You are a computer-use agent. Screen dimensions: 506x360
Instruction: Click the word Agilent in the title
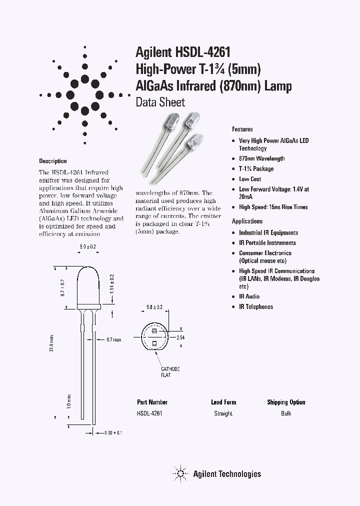(153, 52)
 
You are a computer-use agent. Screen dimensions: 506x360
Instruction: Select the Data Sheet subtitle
(160, 102)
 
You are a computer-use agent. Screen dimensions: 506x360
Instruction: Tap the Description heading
(52, 161)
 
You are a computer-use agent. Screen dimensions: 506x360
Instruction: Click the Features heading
(242, 129)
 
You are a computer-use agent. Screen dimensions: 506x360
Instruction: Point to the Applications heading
(247, 221)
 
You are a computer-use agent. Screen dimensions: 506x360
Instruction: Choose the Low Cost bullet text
(250, 179)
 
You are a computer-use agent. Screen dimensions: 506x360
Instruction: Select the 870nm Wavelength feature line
(261, 158)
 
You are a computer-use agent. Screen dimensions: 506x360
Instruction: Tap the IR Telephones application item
(256, 307)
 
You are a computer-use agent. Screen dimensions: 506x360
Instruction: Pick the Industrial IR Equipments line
(268, 232)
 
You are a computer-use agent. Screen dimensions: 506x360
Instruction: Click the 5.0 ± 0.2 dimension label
(88, 247)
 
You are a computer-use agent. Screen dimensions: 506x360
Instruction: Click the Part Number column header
(152, 402)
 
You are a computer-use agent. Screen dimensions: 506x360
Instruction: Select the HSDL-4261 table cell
(149, 413)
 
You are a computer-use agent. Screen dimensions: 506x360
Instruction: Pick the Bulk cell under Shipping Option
(286, 413)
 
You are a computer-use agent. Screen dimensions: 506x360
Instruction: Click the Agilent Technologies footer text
(227, 473)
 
